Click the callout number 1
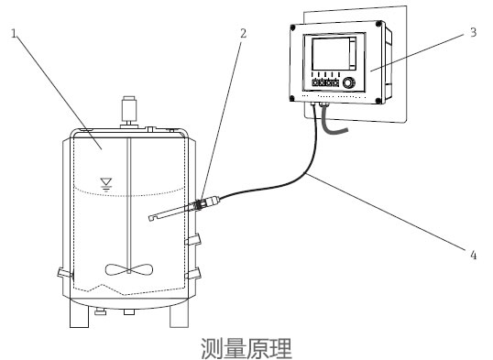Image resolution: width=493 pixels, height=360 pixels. pos(14,34)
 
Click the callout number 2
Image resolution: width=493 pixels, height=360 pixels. pos(243,34)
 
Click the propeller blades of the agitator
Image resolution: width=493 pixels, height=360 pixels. pos(127,269)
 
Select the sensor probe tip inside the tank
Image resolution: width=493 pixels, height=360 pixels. pos(148,218)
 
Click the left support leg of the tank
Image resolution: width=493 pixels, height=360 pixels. pos(74,316)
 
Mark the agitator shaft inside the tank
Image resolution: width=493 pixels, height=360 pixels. pos(127,202)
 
